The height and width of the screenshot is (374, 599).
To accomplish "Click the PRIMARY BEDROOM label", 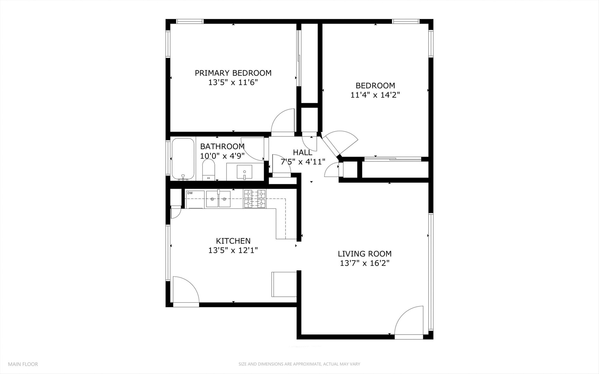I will (233, 73).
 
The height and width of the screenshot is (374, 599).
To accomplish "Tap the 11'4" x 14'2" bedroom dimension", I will (375, 95).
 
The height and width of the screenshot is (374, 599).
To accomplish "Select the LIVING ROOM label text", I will (364, 254).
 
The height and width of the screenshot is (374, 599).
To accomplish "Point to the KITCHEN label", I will (233, 241).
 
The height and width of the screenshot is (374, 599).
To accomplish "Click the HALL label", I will (302, 152).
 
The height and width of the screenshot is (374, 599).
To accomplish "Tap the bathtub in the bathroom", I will (183, 159).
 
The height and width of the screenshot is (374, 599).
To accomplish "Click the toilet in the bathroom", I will (209, 170).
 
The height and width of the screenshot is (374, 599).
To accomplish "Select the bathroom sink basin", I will (245, 172).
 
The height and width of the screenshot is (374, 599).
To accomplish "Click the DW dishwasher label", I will (190, 193).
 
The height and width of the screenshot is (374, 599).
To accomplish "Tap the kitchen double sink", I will (218, 199).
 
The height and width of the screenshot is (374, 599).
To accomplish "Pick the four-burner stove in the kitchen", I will (255, 199).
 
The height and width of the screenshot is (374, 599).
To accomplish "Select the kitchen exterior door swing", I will (185, 290).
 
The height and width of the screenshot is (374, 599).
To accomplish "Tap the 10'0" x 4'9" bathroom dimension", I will (222, 156).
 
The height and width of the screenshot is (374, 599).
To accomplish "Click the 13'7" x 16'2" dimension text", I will (364, 264).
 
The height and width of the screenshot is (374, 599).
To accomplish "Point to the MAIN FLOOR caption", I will (23, 364).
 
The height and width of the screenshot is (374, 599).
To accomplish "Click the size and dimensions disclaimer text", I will (299, 364).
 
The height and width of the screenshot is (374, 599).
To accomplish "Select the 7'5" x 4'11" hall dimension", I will (303, 162).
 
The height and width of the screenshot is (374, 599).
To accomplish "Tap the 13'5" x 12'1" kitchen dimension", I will (233, 250).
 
